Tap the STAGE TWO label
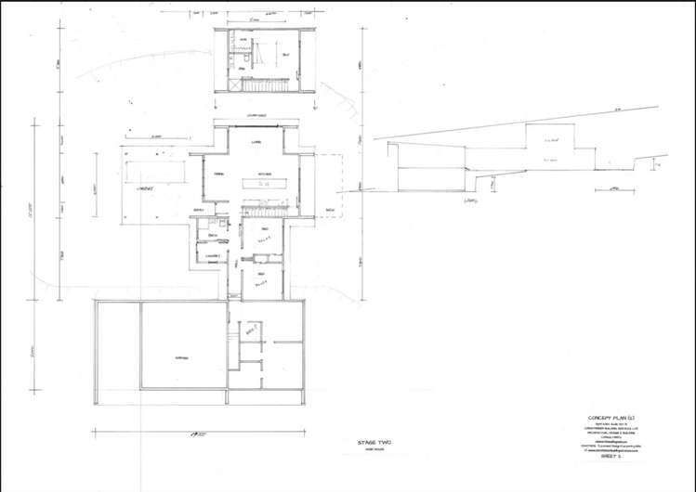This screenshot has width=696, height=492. tap(374, 443)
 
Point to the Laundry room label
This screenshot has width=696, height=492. tap(212, 255)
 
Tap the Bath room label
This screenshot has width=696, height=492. tap(200, 236)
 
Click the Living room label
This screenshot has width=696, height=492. tap(255, 142)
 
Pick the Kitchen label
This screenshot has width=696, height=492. tap(264, 174)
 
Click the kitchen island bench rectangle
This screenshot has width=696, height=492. tap(263, 184)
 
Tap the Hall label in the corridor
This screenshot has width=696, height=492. tap(238, 264)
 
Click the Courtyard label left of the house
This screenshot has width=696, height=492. tap(144, 188)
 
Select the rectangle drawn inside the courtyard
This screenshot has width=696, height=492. tap(155, 173)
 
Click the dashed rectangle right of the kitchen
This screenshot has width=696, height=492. tap(331, 186)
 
